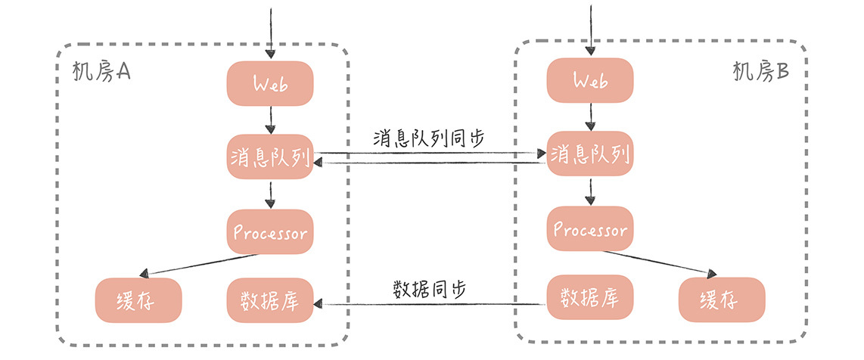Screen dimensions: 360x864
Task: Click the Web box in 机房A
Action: pyautogui.click(x=270, y=83)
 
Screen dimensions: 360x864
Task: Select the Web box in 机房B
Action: pyautogui.click(x=590, y=79)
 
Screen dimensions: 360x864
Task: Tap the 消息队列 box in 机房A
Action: pyautogui.click(x=270, y=157)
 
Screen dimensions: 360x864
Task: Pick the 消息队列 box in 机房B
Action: pyautogui.click(x=590, y=154)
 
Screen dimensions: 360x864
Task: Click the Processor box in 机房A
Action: pyautogui.click(x=270, y=232)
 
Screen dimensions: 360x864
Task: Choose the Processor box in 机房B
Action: pyautogui.click(x=590, y=228)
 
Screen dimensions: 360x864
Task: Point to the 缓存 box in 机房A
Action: pyautogui.click(x=139, y=300)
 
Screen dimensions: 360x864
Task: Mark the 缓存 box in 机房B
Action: pyautogui.click(x=722, y=300)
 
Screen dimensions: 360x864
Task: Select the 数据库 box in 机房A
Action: pyautogui.click(x=270, y=300)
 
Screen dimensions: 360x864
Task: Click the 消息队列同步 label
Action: pyautogui.click(x=429, y=138)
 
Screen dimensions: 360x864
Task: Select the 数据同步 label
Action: pyautogui.click(x=429, y=288)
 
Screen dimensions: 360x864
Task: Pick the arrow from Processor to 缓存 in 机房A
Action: pyautogui.click(x=203, y=264)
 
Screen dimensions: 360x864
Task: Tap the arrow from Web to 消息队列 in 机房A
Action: pyautogui.click(x=270, y=119)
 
